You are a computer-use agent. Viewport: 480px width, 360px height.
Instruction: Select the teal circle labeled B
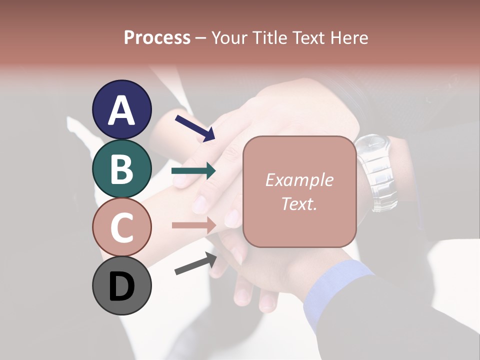click(x=121, y=168)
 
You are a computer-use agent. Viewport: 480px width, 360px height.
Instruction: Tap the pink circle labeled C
click(x=121, y=227)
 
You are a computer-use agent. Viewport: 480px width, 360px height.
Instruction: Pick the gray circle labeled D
click(x=121, y=285)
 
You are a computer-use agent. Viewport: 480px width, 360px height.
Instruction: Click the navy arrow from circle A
click(x=195, y=128)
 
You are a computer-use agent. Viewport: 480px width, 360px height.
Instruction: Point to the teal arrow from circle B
click(x=193, y=171)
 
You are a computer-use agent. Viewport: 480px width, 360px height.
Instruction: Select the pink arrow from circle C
click(x=193, y=225)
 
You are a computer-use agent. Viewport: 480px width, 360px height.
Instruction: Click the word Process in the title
click(x=157, y=37)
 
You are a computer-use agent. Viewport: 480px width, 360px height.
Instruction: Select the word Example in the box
click(x=299, y=180)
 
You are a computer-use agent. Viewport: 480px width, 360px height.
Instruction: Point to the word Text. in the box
click(x=299, y=203)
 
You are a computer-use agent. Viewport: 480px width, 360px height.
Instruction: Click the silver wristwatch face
click(x=372, y=147)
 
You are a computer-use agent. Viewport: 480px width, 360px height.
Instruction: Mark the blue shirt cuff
click(x=330, y=290)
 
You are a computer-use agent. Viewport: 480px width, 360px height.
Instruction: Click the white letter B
click(x=121, y=168)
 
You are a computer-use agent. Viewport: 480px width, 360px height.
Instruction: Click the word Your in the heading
click(x=230, y=37)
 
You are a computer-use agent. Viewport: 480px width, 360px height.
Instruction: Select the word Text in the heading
click(x=308, y=37)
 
